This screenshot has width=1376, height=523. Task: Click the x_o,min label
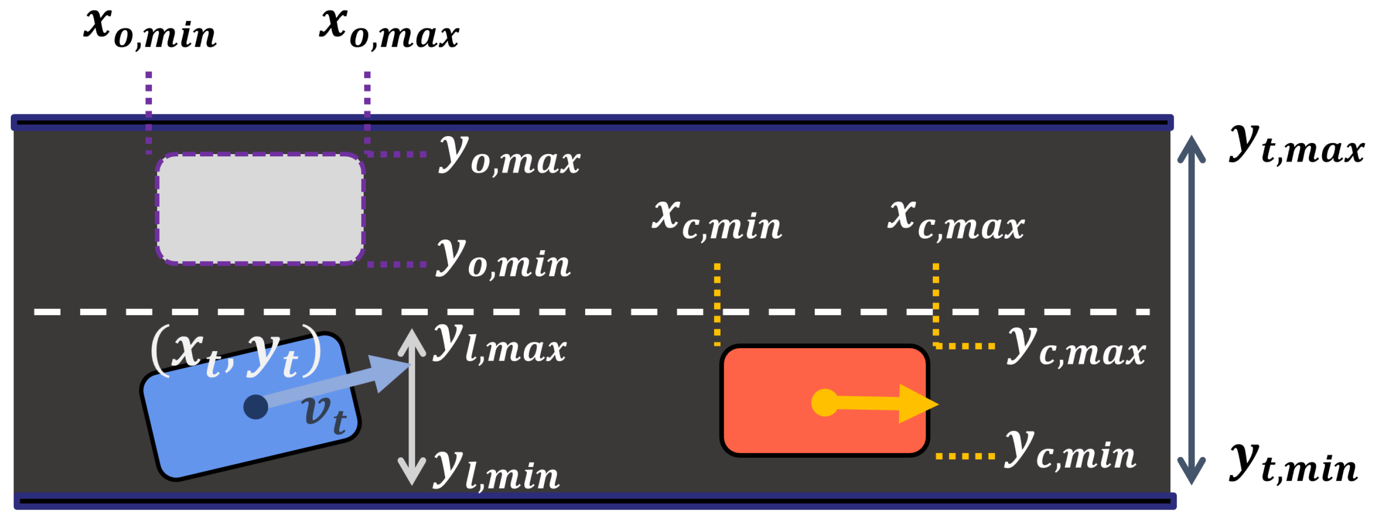coord(150,31)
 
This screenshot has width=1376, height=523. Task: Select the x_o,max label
coord(389,31)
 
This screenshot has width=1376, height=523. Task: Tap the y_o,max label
coord(509,156)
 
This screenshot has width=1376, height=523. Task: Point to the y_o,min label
coord(504,260)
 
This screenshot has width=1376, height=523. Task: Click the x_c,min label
coord(717,220)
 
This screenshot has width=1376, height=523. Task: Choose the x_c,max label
coord(956,220)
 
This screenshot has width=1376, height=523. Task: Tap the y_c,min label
coord(1070,451)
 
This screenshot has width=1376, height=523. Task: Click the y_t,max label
coord(1297,146)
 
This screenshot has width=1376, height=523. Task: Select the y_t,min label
coord(1293,464)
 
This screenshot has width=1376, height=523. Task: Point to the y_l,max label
coord(500,344)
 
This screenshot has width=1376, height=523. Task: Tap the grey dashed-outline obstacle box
coord(260,209)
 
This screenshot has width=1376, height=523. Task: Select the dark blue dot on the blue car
coord(255,407)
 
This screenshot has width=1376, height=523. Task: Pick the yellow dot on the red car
coord(824,402)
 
